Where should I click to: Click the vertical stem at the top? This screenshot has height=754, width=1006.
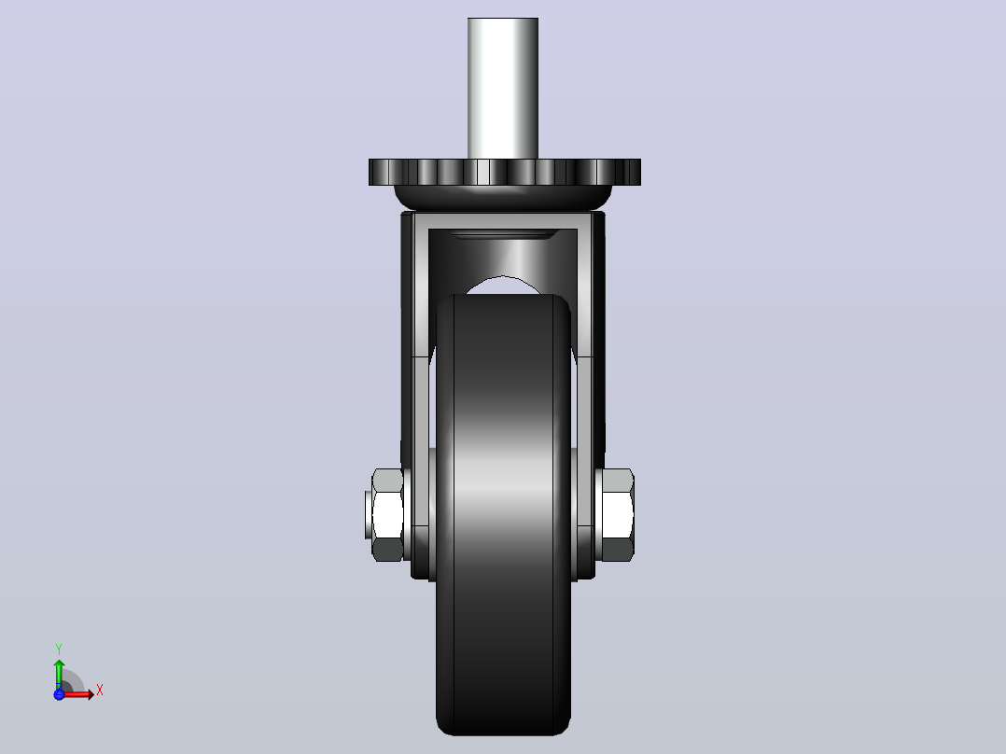(503, 89)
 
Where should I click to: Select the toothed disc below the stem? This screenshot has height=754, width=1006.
(504, 172)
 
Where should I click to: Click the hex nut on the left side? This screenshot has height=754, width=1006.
(387, 515)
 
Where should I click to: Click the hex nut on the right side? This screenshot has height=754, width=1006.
(617, 515)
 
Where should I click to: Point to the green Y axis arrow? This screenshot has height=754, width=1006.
(59, 674)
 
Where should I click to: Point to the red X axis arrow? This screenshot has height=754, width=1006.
(77, 693)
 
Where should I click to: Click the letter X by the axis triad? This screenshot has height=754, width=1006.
(100, 691)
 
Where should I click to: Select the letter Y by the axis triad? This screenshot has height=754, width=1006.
(59, 649)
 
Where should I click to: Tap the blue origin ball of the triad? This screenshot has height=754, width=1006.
(59, 693)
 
